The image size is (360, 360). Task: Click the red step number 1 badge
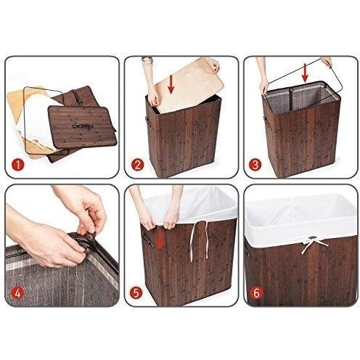click(x=18, y=165)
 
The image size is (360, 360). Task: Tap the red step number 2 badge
click(x=138, y=165)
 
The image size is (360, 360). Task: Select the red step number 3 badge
click(x=255, y=165)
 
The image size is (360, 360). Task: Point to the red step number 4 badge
click(x=18, y=294)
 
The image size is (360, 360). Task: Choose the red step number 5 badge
click(x=136, y=292)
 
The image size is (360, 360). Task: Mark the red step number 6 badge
click(x=257, y=293)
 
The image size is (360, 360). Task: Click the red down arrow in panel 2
click(x=171, y=84)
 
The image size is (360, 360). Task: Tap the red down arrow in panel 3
click(x=305, y=73)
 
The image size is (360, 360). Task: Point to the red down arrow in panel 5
click(x=159, y=240)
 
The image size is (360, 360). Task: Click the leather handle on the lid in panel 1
click(x=83, y=126)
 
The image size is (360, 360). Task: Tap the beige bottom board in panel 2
click(x=189, y=85)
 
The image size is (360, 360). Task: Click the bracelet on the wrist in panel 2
click(x=147, y=60)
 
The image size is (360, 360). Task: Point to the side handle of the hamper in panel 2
click(x=149, y=122)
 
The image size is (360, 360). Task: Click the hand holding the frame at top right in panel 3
click(x=327, y=61)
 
